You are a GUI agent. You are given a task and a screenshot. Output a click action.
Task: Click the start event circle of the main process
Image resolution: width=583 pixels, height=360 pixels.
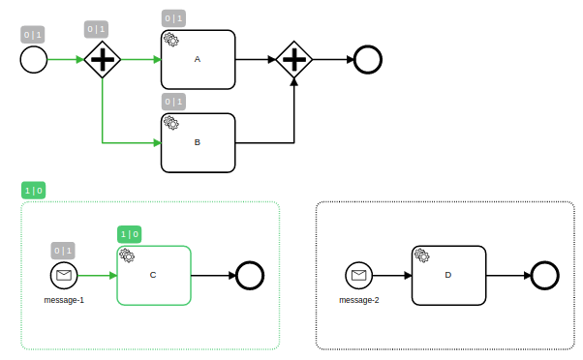33,60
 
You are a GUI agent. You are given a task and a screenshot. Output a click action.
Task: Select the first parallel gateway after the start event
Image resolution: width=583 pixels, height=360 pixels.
102,60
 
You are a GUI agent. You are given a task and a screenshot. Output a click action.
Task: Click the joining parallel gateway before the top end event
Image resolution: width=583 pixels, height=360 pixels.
293,60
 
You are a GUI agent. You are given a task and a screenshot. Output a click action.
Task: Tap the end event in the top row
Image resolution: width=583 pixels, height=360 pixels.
368,60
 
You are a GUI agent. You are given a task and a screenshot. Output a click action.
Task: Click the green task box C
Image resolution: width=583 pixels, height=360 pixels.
153,275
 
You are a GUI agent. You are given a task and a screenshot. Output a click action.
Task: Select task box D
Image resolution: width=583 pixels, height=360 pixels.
447,275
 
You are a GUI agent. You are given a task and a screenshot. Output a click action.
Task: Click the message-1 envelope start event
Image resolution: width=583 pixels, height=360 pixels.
64,275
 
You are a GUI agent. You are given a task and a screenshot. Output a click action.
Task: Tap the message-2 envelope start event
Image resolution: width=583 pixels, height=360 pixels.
358,275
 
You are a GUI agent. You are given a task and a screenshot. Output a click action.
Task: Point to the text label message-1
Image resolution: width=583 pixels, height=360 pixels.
64,300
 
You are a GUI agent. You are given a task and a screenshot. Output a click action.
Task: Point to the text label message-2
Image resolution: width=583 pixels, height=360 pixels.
358,300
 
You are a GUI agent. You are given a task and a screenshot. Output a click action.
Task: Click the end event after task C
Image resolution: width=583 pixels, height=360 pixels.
250,275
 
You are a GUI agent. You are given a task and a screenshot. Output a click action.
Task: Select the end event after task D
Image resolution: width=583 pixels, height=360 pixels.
544,275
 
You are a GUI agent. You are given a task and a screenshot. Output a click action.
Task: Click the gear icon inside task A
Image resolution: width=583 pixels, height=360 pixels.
170,40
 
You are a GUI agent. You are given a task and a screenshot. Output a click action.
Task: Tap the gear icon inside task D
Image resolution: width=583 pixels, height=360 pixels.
421,255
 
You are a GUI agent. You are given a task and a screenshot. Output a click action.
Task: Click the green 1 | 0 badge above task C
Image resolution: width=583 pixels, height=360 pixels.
129,234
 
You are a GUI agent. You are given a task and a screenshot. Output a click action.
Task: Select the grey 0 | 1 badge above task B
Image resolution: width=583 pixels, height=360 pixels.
172,102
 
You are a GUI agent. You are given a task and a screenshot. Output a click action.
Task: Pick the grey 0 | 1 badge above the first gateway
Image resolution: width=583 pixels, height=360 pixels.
96,29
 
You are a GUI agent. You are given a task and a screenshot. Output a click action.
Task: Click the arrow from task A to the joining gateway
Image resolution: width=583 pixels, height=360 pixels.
256,60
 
